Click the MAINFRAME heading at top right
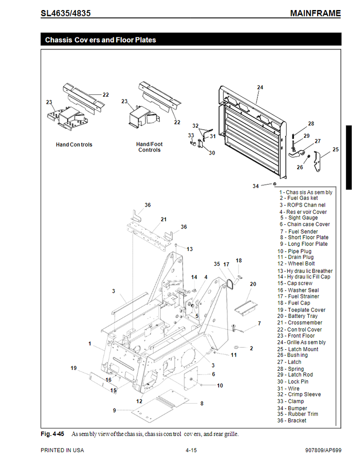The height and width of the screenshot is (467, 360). (315, 13)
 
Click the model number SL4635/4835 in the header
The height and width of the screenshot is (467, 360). (65, 13)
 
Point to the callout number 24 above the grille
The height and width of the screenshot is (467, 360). (260, 87)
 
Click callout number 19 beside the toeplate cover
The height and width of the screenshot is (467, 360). (73, 368)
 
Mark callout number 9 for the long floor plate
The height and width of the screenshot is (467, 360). (115, 410)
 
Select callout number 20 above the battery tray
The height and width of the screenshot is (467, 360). (253, 284)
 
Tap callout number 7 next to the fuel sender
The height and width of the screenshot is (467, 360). (259, 323)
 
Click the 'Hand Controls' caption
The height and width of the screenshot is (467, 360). (74, 145)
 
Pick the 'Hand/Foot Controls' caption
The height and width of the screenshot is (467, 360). (149, 147)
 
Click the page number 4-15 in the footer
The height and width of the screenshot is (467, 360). (191, 451)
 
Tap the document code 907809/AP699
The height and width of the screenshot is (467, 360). (323, 451)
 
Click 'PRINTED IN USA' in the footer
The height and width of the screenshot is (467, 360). (62, 451)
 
